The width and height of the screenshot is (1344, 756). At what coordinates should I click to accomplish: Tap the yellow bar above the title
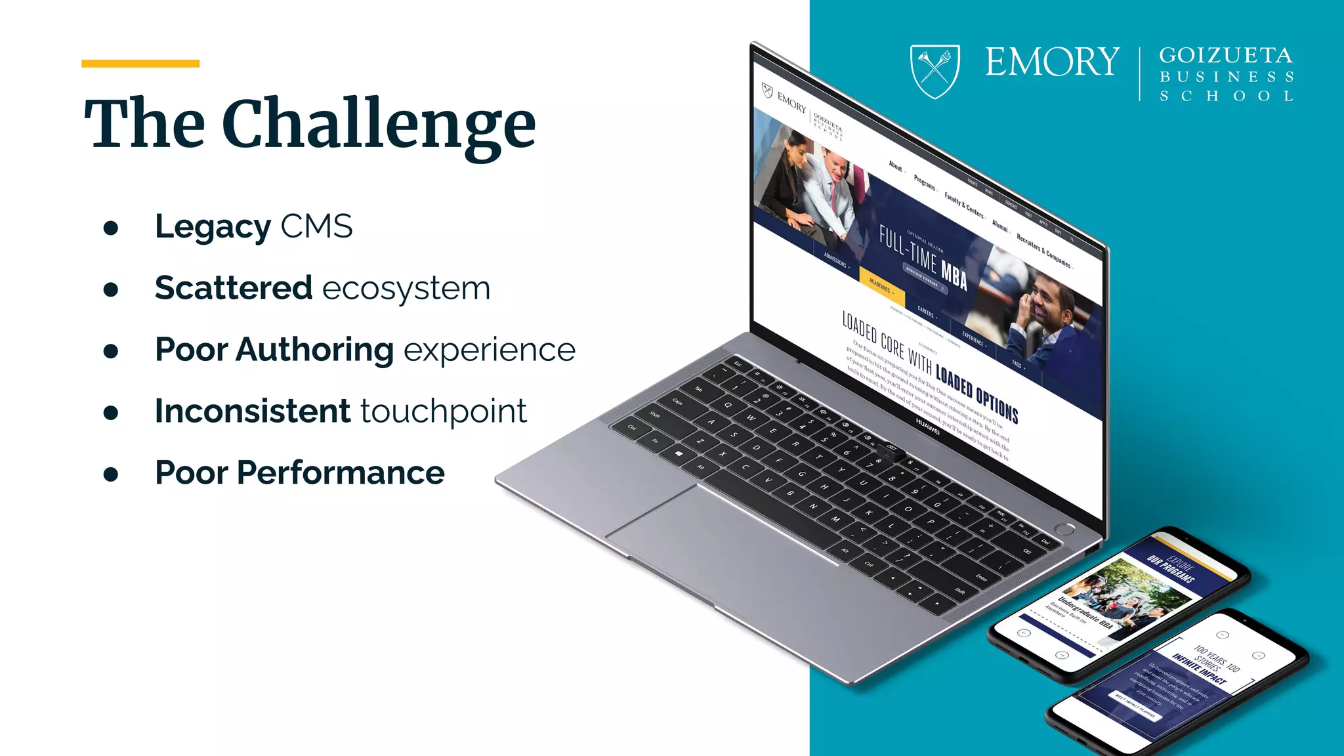tap(140, 64)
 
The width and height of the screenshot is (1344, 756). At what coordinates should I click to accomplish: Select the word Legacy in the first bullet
tap(213, 228)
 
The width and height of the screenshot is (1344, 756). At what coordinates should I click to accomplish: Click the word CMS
tap(316, 226)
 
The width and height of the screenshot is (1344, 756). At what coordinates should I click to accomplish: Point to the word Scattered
tap(233, 288)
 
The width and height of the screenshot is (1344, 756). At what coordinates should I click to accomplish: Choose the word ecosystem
tap(406, 289)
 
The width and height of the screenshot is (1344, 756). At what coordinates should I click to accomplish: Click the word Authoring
tap(314, 350)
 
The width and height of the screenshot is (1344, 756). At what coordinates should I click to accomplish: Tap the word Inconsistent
tap(253, 411)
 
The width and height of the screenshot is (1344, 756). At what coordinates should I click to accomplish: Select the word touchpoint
tap(443, 412)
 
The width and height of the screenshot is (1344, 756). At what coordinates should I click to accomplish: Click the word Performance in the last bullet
tap(341, 472)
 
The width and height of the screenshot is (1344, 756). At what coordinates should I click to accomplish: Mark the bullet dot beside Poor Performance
tap(111, 474)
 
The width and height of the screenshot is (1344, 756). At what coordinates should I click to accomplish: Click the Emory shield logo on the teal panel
tap(934, 71)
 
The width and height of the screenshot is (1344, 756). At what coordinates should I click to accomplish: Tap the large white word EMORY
tap(1052, 62)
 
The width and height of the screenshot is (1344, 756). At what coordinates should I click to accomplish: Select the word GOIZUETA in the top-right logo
tap(1225, 55)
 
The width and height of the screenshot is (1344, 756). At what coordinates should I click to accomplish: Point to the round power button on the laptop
tap(1064, 529)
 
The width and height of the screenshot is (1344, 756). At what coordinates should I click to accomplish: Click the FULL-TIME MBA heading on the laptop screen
tap(923, 259)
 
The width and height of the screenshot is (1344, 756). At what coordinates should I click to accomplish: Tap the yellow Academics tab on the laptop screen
tap(881, 286)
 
